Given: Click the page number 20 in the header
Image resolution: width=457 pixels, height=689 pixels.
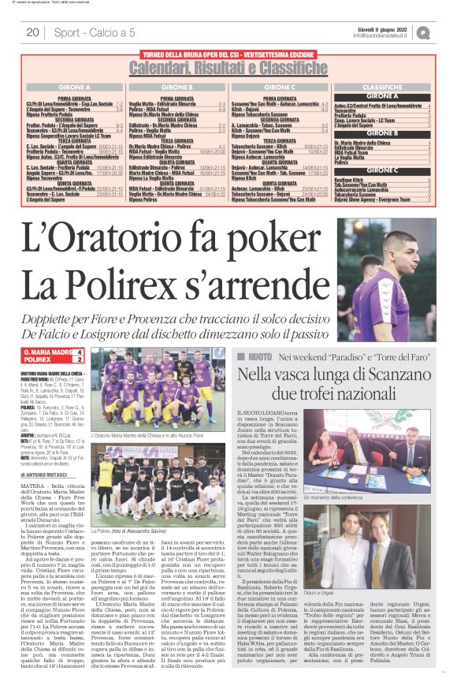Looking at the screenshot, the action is pyautogui.click(x=32, y=32).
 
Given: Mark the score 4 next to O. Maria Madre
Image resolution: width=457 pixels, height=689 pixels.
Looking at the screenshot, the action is pyautogui.click(x=78, y=352).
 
